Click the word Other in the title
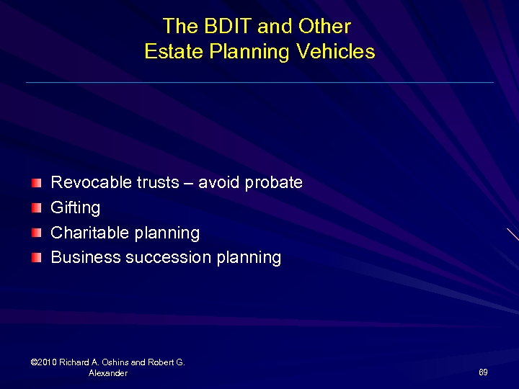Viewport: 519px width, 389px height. pos(324,27)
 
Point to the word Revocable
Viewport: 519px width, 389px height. pos(91,182)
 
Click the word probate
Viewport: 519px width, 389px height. pos(274,183)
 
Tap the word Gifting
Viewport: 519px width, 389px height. pos(76,208)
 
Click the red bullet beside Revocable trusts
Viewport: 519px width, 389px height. pos(37,183)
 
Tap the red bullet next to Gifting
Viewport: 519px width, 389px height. pos(37,208)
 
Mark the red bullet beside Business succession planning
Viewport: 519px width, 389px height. pos(37,257)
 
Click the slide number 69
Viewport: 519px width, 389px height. pos(483,372)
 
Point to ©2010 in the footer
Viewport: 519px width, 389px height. pos(45,362)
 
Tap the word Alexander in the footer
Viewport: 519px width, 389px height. pos(108,373)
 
